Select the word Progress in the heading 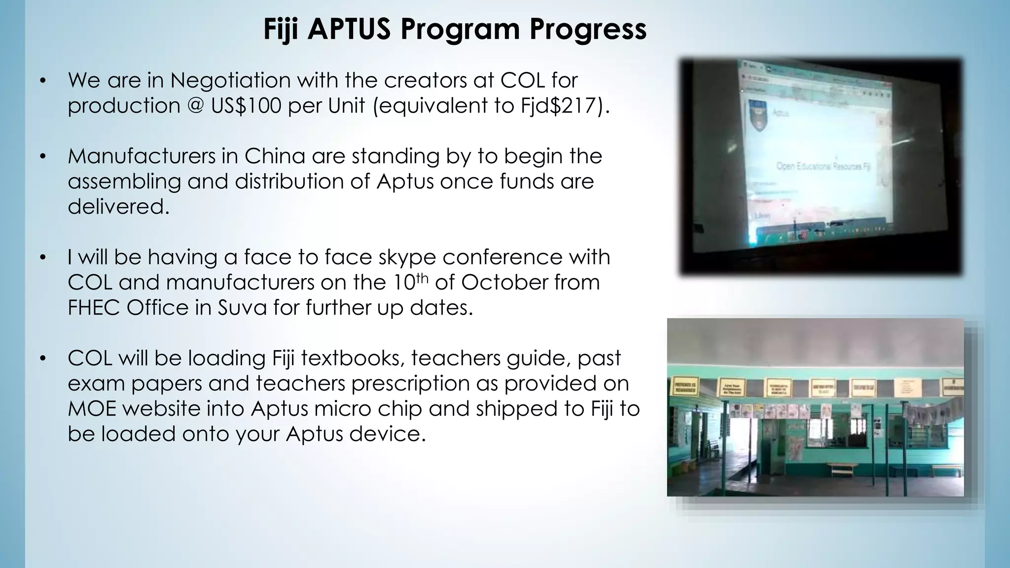click(588, 29)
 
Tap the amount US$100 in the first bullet click(246, 106)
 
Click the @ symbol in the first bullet click(196, 106)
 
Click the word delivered click(118, 207)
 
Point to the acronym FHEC click(94, 308)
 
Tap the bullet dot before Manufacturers click(43, 156)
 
